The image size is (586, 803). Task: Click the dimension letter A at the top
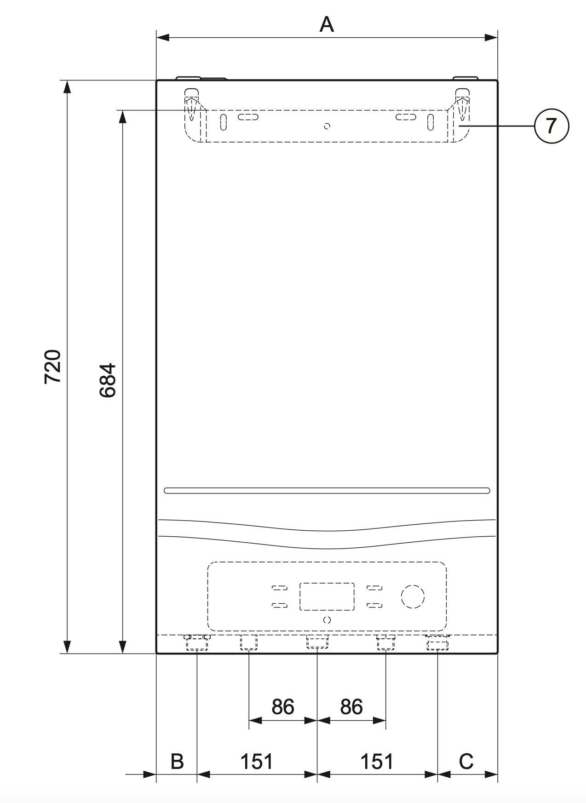click(x=327, y=24)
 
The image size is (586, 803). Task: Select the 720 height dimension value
click(x=53, y=367)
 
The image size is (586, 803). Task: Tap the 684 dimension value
click(x=108, y=380)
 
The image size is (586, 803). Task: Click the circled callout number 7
click(x=551, y=126)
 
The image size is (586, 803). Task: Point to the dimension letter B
click(x=178, y=761)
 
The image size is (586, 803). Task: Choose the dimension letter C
click(x=466, y=761)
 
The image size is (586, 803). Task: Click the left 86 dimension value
click(x=282, y=706)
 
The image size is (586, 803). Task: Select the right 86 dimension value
click(x=351, y=706)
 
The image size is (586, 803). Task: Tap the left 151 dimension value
click(x=257, y=761)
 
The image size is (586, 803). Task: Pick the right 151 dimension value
click(x=377, y=761)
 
